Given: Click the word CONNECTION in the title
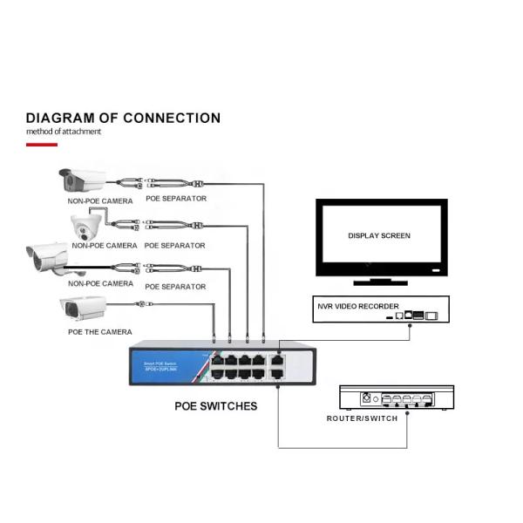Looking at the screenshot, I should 172,118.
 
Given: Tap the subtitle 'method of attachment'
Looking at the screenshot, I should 64,132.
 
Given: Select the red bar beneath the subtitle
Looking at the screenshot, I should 42,144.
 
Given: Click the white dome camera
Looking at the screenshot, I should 87,228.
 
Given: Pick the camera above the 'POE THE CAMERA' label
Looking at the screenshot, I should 83,308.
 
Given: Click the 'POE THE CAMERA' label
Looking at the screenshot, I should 100,332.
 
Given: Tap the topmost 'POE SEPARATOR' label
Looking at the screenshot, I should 176,199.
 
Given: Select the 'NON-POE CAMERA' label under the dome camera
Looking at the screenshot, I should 102,246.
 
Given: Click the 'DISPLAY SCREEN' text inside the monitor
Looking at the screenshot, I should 379,235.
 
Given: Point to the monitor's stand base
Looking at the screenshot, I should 379,282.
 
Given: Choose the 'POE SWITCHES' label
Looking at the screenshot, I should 215,405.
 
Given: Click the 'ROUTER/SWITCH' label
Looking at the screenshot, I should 362,418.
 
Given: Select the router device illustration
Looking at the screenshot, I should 396,399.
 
